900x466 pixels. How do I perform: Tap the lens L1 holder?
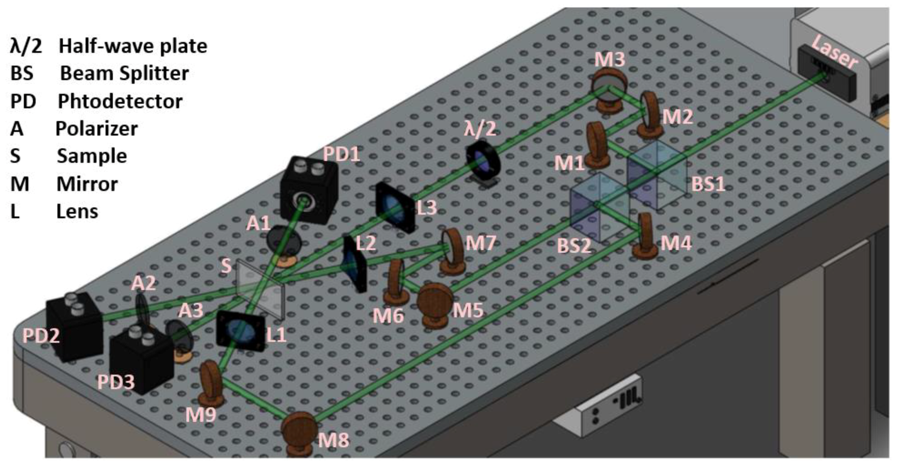[x=240, y=331]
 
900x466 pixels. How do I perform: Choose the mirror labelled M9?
[x=211, y=383]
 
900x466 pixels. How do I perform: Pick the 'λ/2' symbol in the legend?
[x=26, y=46]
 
